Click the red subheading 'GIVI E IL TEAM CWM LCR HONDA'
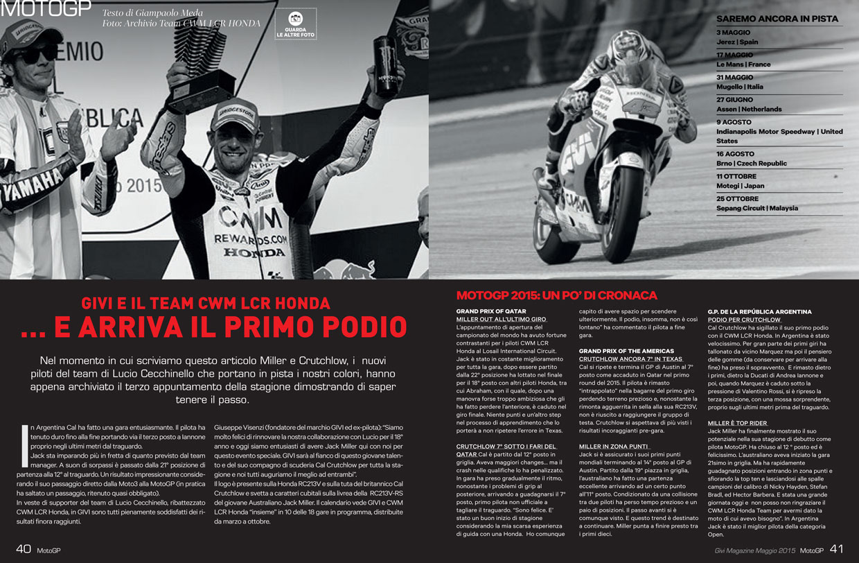coord(205,303)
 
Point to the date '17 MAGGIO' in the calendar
coord(734,55)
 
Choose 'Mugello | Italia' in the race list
coord(739,87)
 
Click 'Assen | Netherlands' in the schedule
coord(748,110)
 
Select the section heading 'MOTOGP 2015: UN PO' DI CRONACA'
coord(556,295)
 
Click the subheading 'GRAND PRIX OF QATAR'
coord(491,311)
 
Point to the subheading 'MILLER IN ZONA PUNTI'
coord(613,446)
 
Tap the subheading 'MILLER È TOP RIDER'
coord(737,423)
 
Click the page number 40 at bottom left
coord(23,549)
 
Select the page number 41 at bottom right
coord(836,549)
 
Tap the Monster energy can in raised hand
coord(384,65)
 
